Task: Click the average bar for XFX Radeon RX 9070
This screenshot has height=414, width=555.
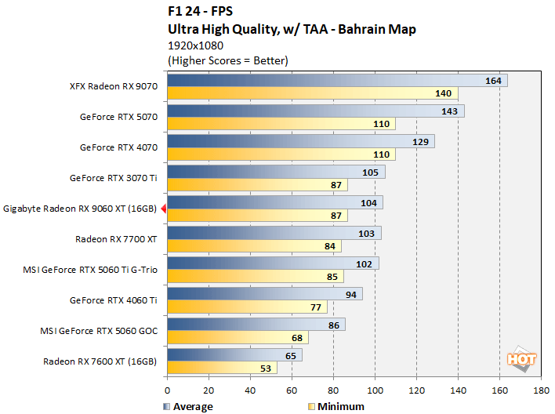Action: pyautogui.click(x=337, y=81)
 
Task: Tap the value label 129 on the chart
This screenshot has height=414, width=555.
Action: pyautogui.click(x=421, y=141)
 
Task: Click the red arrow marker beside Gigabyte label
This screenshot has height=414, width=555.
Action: pyautogui.click(x=163, y=209)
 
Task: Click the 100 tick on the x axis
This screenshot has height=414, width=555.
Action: pyautogui.click(x=375, y=389)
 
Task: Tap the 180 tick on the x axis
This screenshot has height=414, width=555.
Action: pyautogui.click(x=541, y=389)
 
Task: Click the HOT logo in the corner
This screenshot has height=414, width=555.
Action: pyautogui.click(x=523, y=358)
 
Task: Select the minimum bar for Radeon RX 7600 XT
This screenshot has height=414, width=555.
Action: pyautogui.click(x=222, y=368)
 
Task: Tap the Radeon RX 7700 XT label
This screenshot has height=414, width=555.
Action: pyautogui.click(x=116, y=239)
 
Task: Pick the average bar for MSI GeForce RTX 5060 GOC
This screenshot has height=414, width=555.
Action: pyautogui.click(x=256, y=324)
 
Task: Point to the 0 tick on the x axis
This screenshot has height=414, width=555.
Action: pyautogui.click(x=167, y=389)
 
